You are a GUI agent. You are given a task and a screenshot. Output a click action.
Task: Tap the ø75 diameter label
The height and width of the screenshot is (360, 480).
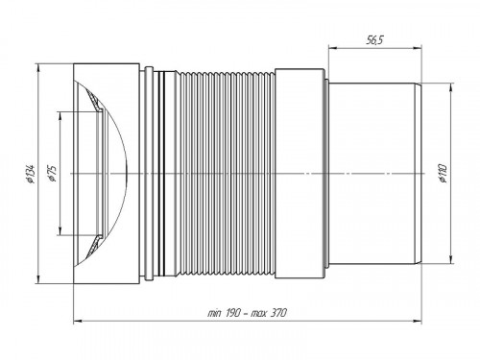[52, 174]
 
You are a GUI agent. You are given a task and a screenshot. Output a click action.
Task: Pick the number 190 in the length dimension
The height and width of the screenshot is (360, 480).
[228, 313]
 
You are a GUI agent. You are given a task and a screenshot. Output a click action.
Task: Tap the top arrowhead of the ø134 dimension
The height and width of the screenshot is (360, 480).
[41, 70]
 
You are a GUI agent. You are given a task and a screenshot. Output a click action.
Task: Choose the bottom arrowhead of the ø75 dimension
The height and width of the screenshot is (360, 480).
[60, 231]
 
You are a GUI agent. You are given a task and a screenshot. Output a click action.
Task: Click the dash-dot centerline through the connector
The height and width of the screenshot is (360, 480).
[240, 174]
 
